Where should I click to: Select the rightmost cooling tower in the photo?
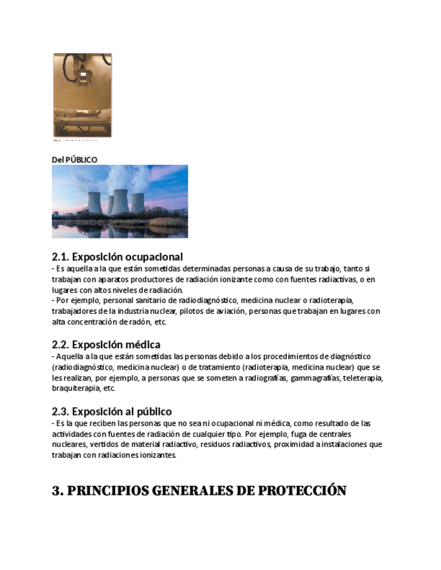[137, 203]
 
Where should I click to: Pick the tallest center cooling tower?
[119, 201]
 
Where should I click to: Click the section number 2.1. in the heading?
[61, 257]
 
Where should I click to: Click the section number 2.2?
[61, 345]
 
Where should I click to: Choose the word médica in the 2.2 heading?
[143, 345]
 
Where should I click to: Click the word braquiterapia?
[75, 389]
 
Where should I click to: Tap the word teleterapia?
[364, 378]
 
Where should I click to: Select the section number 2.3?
[61, 411]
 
